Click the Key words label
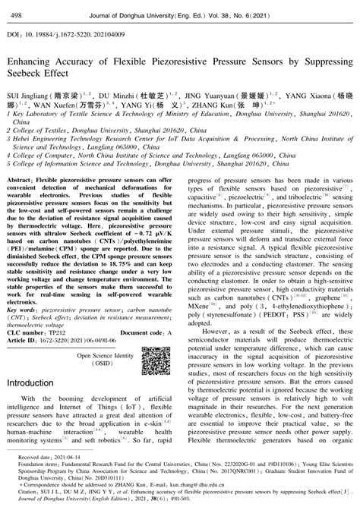[21, 310]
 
